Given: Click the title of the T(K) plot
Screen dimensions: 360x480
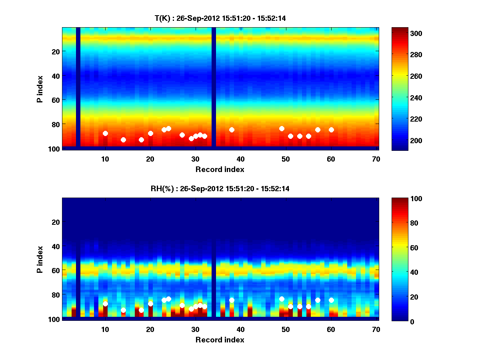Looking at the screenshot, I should coord(220,18).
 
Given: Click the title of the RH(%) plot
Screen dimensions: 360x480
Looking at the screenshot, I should coord(220,189).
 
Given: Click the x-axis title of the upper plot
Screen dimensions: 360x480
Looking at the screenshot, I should coord(220,169).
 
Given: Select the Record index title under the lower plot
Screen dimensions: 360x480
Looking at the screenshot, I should coord(220,340).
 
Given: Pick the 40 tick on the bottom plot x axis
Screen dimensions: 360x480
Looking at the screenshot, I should coord(241,329).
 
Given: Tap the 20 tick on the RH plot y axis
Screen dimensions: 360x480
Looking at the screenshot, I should coord(56,222).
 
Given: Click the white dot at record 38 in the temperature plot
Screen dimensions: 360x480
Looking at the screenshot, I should coord(232,130).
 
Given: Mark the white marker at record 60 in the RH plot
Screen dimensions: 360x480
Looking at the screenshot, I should coord(331,300).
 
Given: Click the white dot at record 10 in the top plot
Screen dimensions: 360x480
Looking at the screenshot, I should coord(105,133).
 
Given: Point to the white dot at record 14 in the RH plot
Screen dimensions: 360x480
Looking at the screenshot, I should coord(123,310).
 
